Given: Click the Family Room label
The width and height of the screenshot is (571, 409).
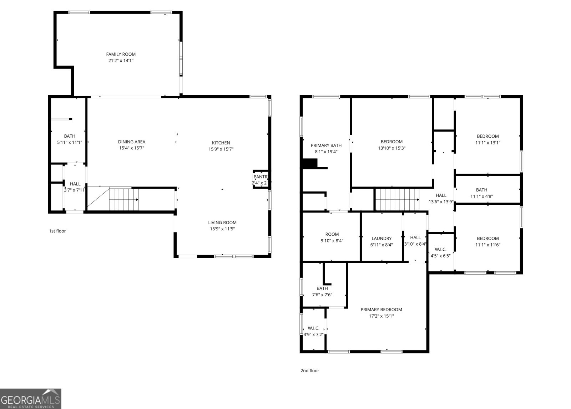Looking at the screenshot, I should point(121,54).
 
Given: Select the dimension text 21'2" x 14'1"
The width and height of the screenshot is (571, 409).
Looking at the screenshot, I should point(121,61).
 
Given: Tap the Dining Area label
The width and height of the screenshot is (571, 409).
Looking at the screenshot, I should point(131,142).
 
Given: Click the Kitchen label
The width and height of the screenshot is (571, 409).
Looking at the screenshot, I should point(221,143).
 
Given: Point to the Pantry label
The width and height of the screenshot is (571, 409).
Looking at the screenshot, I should point(261,177).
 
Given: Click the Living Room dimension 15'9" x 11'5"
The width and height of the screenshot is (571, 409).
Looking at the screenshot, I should point(222,229).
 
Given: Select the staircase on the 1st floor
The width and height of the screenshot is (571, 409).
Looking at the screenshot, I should point(123,199).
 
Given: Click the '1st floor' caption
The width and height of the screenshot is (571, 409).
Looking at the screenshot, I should point(57,231).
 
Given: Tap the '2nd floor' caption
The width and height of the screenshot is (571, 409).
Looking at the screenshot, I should point(310,371).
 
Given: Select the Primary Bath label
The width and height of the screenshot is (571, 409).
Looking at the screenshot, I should point(326,145).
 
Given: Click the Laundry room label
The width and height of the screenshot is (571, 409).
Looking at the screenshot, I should point(381,238).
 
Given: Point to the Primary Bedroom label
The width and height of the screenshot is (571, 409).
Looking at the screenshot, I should point(381,310).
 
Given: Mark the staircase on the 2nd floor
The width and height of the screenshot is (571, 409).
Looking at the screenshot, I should point(397,200).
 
